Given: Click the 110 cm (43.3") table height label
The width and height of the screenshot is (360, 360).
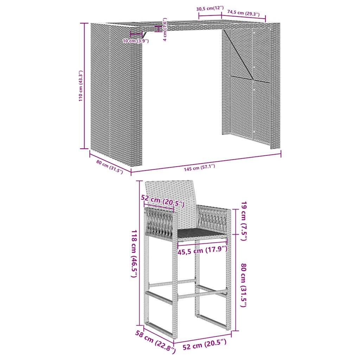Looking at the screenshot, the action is pos(81,86).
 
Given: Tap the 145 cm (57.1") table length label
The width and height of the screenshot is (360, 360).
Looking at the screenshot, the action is pos(199,167).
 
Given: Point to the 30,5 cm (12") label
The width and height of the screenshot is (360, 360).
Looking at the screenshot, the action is pos(210,8).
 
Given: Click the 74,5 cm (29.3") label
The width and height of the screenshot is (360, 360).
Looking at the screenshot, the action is pos(243,13).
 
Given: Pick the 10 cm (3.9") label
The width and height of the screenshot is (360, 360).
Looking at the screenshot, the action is pos(136,41).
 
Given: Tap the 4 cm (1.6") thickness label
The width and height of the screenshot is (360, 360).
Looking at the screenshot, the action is pos(165,30).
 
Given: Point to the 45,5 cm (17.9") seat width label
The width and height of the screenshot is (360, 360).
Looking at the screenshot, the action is pos(202,250).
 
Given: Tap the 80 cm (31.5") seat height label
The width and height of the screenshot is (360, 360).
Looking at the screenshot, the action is pos(243,285).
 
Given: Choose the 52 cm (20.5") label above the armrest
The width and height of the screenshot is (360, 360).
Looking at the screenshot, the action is pos(162,201).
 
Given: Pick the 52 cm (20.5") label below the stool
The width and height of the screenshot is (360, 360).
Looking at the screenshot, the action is pos(204,345).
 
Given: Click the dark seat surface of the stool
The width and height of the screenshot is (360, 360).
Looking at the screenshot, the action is pos(200,233).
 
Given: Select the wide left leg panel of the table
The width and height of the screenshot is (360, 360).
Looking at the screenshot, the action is pos(116,95).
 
